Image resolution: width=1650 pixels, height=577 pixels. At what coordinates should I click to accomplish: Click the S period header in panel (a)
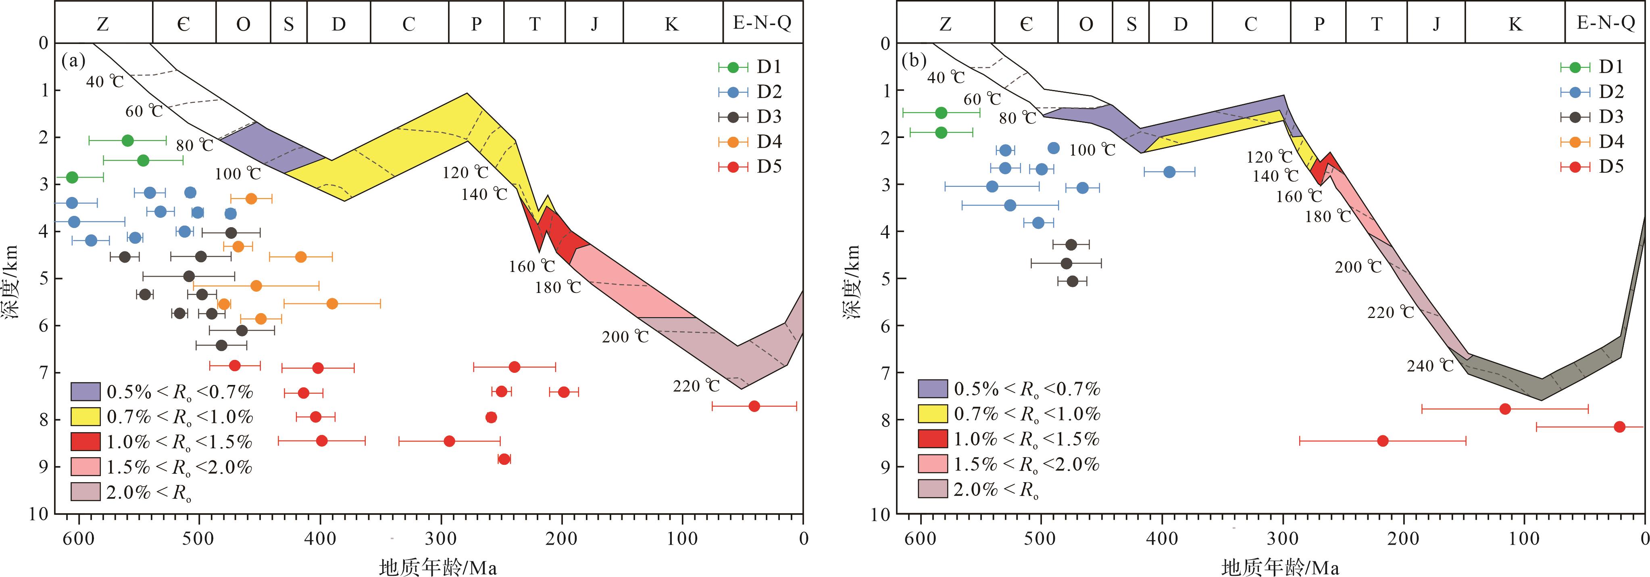(288, 24)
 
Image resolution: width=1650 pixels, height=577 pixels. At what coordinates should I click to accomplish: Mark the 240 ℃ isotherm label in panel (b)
(1430, 366)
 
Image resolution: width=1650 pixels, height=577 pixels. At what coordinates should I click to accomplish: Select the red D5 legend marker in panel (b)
(1575, 167)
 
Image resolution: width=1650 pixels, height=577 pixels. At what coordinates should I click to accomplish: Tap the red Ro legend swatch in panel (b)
(933, 439)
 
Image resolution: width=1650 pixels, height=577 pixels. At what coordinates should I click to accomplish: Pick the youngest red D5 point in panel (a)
(754, 406)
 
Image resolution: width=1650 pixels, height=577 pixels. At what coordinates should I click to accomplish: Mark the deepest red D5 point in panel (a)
(504, 459)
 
